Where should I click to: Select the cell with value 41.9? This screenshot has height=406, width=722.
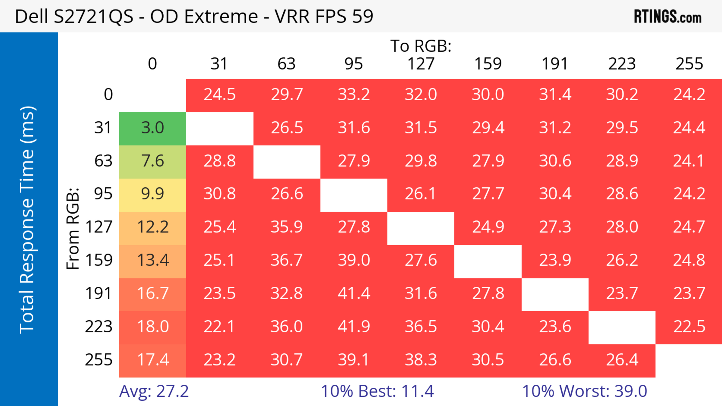[x=354, y=327]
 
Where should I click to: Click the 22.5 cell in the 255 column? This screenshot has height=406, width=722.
[x=689, y=327]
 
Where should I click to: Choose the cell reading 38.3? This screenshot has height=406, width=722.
[x=421, y=360]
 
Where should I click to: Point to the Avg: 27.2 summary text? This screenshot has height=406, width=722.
[x=154, y=391]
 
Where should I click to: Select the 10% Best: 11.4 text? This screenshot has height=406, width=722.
[x=377, y=391]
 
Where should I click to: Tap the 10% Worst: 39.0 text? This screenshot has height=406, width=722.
[x=584, y=391]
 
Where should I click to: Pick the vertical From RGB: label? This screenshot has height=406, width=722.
[x=73, y=228]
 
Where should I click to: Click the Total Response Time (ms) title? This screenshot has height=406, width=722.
[x=27, y=220]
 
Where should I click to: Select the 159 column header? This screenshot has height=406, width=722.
[x=488, y=64]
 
